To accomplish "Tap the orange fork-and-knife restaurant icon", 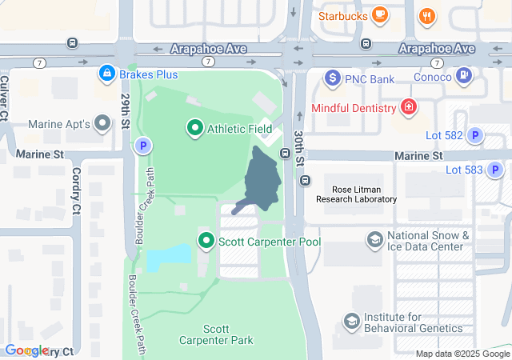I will click(428, 15).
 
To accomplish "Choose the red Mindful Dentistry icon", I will click(409, 107).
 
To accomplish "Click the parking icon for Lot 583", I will click(496, 170).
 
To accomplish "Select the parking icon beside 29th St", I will click(142, 146).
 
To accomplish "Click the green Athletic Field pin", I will click(194, 127).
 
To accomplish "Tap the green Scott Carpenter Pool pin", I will click(206, 240).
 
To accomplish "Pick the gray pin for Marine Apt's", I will click(102, 123).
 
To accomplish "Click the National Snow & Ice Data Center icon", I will click(374, 239).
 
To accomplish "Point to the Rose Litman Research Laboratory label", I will click(356, 194).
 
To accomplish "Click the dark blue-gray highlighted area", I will click(262, 178).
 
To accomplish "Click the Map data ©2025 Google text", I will click(462, 354).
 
